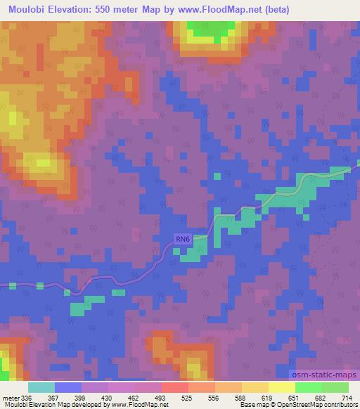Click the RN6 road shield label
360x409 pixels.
click(x=183, y=240)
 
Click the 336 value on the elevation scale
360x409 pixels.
click(x=26, y=398)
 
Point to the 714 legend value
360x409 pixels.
click(x=347, y=398)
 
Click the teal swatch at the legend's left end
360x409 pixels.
click(x=41, y=387)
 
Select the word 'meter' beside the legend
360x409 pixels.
click(x=9, y=398)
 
